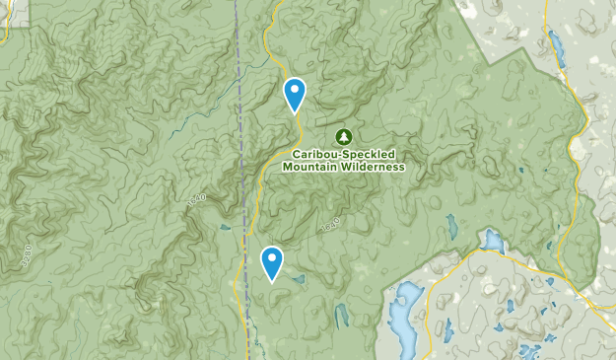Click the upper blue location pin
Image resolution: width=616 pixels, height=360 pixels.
click(x=294, y=93)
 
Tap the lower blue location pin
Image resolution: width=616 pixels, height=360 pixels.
click(x=271, y=262)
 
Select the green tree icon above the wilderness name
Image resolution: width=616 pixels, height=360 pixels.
click(x=344, y=136)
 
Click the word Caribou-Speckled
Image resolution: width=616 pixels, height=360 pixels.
click(x=343, y=155)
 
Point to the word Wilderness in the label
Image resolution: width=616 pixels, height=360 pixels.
click(x=370, y=167)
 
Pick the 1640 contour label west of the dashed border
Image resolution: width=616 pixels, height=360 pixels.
click(x=195, y=199)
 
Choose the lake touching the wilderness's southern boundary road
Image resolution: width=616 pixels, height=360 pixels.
click(x=490, y=241)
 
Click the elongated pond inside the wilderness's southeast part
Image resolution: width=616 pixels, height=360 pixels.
click(x=451, y=226)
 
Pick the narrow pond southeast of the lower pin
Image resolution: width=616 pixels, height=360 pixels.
click(x=342, y=316)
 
